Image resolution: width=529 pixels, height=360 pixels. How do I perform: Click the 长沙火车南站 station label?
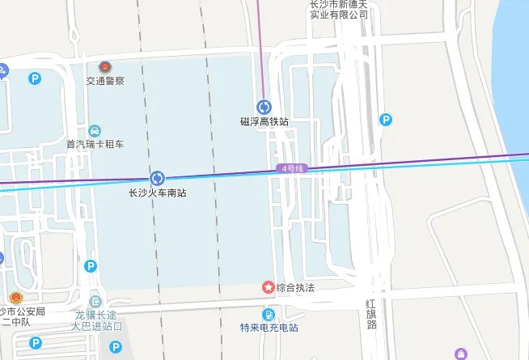(158, 193)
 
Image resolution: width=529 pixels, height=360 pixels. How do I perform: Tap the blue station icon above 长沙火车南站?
(158, 178)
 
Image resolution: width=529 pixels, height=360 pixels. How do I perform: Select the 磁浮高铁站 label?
(264, 121)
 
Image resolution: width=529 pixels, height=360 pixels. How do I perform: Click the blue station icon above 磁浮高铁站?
(264, 107)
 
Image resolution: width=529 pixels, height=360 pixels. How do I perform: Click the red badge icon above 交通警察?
(105, 67)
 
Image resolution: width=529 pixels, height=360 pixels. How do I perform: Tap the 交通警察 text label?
(105, 82)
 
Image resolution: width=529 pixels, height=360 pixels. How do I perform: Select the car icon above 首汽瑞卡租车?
(95, 131)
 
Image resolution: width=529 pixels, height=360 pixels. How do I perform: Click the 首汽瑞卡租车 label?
(95, 145)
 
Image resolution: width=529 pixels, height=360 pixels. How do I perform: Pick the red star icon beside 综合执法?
(268, 287)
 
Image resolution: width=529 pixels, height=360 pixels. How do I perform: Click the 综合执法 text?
(295, 287)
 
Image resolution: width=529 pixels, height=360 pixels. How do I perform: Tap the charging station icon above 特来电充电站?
(269, 314)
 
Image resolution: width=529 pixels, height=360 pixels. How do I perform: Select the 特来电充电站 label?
(269, 328)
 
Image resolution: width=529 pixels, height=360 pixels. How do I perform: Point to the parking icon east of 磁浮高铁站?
(387, 121)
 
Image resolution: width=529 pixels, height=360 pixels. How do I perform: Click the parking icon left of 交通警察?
(35, 78)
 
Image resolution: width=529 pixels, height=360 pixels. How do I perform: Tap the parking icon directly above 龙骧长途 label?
(91, 266)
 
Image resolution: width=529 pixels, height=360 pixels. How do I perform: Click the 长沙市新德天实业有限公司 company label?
(339, 8)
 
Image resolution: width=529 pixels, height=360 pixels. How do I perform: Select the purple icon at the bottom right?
(461, 354)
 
